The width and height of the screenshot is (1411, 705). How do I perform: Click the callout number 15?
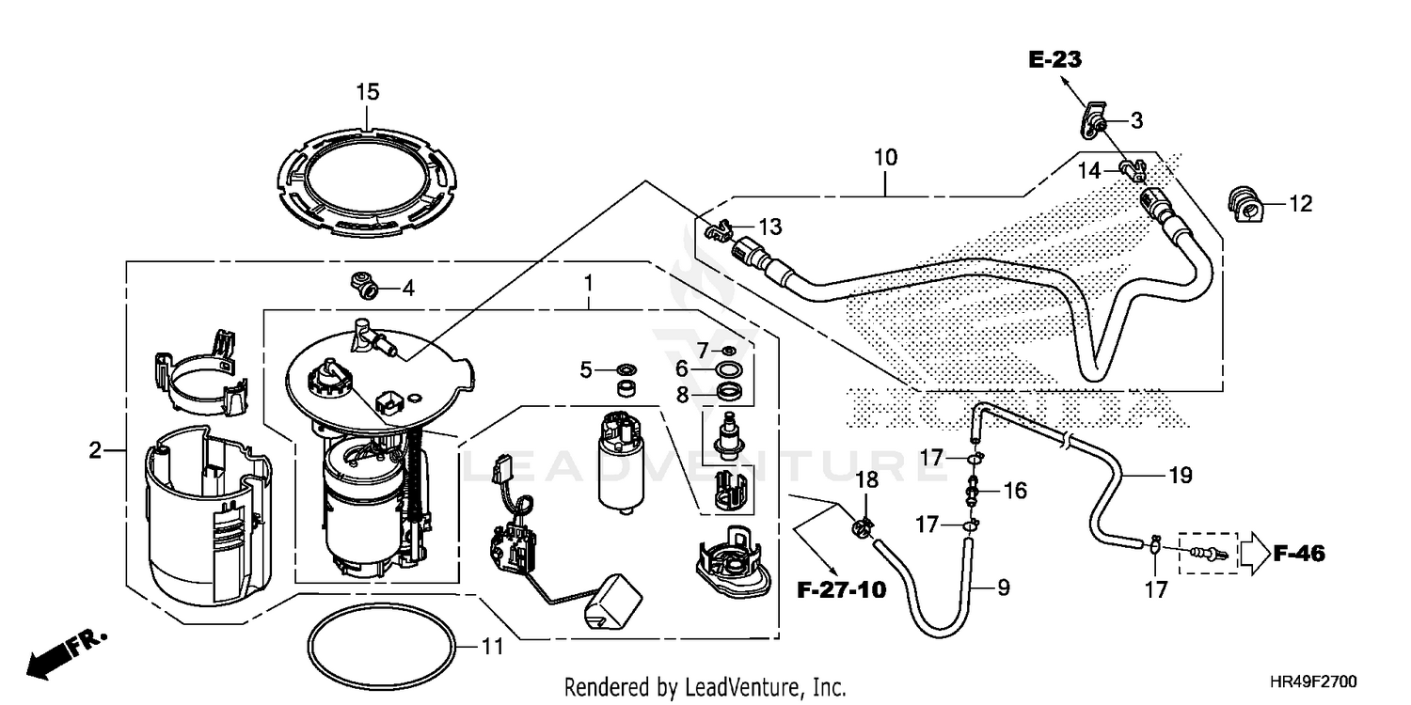[367, 91]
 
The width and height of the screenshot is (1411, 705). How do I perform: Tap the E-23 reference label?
[1054, 60]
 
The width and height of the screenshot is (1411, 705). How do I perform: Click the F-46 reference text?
[1299, 555]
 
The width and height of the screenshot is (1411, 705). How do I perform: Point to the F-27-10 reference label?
[841, 590]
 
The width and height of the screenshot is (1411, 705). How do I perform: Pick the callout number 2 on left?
[94, 450]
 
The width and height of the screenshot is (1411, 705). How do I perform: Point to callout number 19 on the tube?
[1181, 476]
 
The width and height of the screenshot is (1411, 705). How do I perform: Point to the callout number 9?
[1003, 588]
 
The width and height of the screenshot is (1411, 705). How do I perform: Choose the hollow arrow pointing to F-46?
[1252, 554]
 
